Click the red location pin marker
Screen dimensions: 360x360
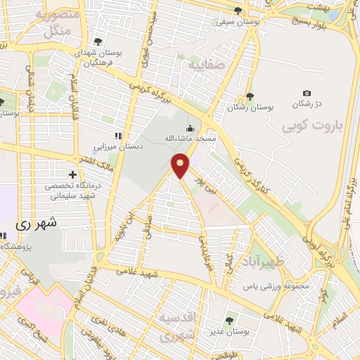(181, 165)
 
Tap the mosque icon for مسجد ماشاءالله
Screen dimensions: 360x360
(191, 129)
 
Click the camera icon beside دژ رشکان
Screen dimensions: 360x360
(307, 94)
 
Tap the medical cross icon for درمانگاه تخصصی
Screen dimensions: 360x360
(72, 174)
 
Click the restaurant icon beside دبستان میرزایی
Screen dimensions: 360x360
(118, 136)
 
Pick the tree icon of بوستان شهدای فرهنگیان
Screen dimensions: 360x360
(97, 41)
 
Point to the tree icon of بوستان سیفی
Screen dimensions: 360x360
(240, 12)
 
